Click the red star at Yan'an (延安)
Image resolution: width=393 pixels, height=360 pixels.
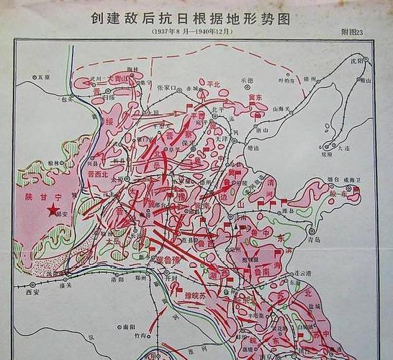[x=53, y=210]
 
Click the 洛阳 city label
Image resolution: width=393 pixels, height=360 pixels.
[x=118, y=279]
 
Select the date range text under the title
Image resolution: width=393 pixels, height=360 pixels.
[x=190, y=33]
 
